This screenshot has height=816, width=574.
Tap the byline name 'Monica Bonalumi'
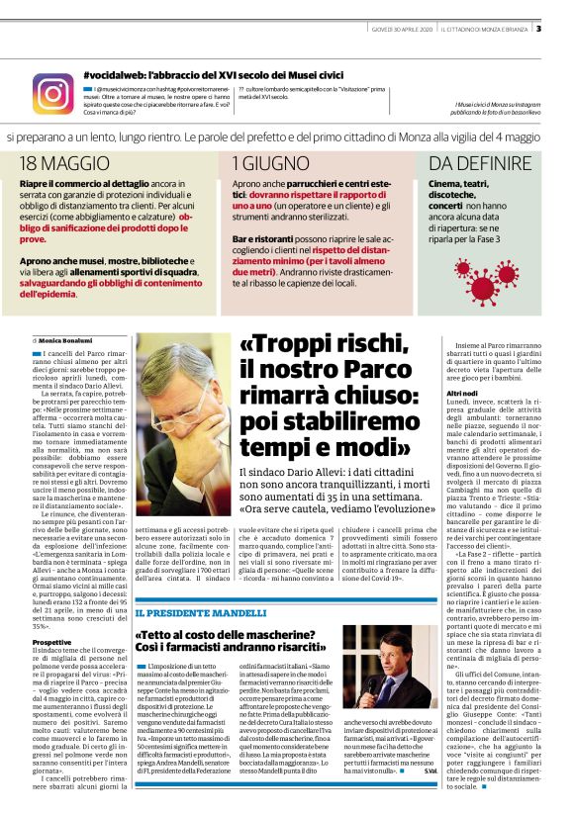pos(71,340)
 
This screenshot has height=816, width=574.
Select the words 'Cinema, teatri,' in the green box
pos(461,184)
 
